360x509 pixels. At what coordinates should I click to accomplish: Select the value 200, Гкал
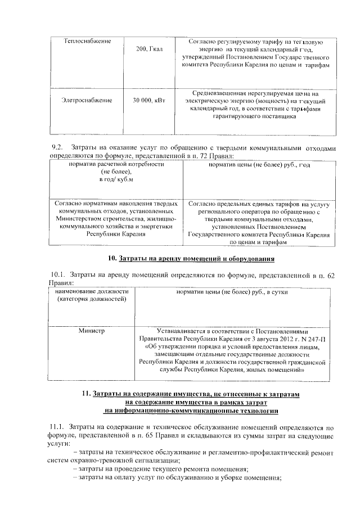149,50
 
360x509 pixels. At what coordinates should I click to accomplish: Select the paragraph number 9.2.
56,148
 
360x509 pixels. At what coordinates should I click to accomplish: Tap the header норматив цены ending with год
259,164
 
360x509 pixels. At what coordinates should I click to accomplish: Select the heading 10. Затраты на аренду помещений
191,259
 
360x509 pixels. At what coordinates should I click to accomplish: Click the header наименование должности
92,292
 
